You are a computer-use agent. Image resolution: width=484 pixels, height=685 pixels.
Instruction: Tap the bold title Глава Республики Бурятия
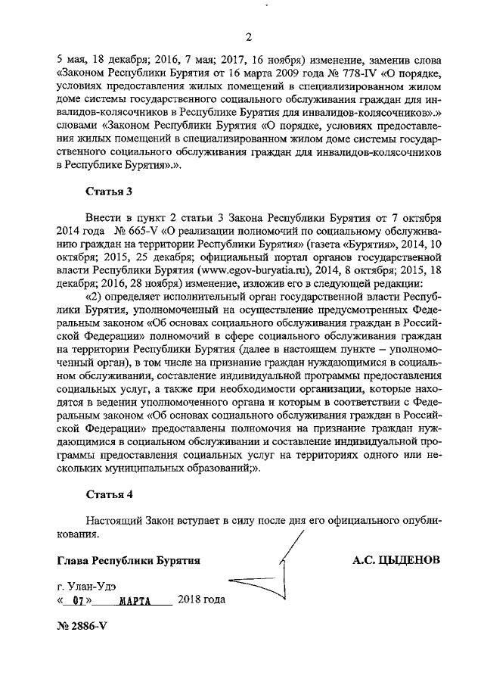[x=128, y=562]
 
